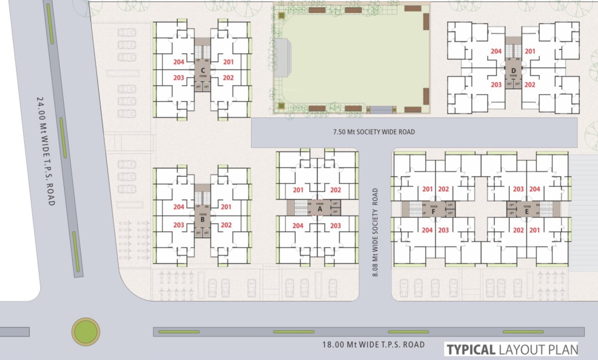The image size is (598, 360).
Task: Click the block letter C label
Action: pyautogui.click(x=203, y=70)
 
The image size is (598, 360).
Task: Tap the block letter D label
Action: pyautogui.click(x=514, y=70)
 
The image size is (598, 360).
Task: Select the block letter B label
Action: pyautogui.click(x=203, y=219)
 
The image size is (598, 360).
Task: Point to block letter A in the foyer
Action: pyautogui.click(x=320, y=210)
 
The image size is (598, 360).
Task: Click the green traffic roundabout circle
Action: pyautogui.click(x=85, y=331)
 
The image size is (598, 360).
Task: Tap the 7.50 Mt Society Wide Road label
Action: pyautogui.click(x=374, y=132)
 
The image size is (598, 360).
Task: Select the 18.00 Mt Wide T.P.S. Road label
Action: pyautogui.click(x=373, y=345)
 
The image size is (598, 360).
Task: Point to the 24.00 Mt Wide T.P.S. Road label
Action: pyautogui.click(x=45, y=151)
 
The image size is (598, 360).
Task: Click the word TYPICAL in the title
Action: pyautogui.click(x=470, y=349)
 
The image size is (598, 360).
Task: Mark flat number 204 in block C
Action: pyautogui.click(x=179, y=62)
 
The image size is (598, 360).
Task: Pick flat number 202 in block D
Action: pyautogui.click(x=530, y=85)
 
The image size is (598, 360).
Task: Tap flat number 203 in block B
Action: pyautogui.click(x=179, y=225)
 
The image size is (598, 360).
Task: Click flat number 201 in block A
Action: pyautogui.click(x=298, y=190)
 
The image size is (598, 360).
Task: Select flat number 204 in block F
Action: pyautogui.click(x=427, y=230)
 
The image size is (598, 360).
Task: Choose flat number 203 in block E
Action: pyautogui.click(x=518, y=189)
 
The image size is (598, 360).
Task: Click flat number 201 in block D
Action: pyautogui.click(x=530, y=51)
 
